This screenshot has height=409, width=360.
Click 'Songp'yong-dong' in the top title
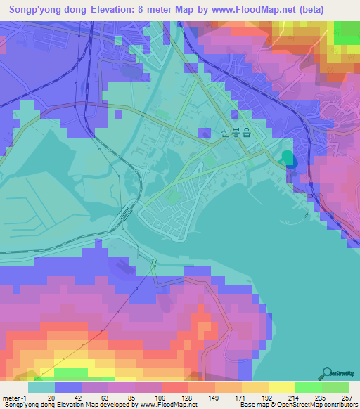point(47,9)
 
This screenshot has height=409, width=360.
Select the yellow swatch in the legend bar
point(281,387)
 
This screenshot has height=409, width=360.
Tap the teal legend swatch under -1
point(41,387)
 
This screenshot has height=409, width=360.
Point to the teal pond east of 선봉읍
point(287,158)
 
